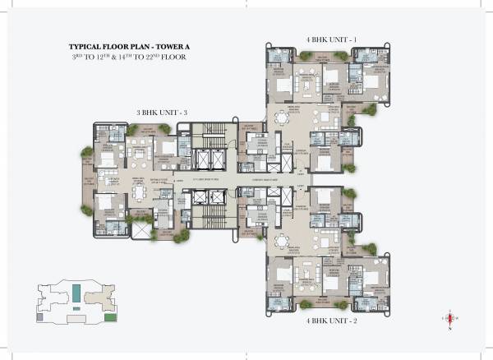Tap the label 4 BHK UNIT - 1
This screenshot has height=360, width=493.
[326, 37]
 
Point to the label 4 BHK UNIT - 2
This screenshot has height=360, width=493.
[326, 323]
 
